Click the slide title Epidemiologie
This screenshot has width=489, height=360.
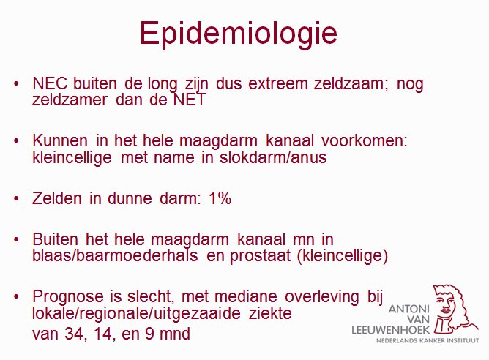click(x=239, y=34)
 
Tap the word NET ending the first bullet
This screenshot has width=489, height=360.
click(x=190, y=100)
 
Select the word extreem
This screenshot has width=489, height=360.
click(x=278, y=83)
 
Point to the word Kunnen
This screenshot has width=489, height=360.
click(x=60, y=140)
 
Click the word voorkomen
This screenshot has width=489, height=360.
click(x=365, y=140)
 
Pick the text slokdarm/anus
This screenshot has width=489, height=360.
click(x=273, y=157)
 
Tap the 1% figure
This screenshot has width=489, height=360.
click(x=220, y=198)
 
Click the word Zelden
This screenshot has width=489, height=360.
click(x=57, y=198)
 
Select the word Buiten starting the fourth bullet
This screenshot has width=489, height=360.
click(x=55, y=239)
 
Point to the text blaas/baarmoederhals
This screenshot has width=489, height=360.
click(x=115, y=255)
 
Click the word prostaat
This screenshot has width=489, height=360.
click(x=261, y=256)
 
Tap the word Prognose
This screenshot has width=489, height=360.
click(x=68, y=296)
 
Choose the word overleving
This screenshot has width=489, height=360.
click(x=322, y=296)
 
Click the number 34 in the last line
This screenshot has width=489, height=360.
click(x=74, y=334)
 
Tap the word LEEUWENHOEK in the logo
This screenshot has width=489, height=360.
click(x=391, y=330)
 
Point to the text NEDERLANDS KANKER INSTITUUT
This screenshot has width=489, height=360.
click(x=428, y=340)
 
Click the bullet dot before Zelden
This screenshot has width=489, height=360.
click(x=17, y=198)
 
